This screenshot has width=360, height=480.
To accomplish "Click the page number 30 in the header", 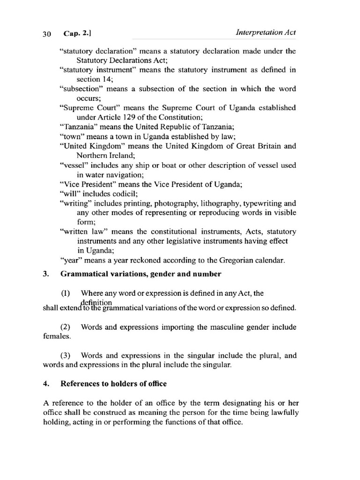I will tap(46, 33).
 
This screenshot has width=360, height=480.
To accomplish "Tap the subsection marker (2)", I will tap(67, 327).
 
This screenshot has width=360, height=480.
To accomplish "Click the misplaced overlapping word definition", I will tap(96, 302).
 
